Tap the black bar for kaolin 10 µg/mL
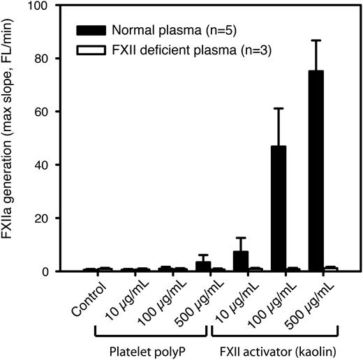(x=241, y=261)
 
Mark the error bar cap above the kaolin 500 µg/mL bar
(x=316, y=40)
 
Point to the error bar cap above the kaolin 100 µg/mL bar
(x=279, y=108)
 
